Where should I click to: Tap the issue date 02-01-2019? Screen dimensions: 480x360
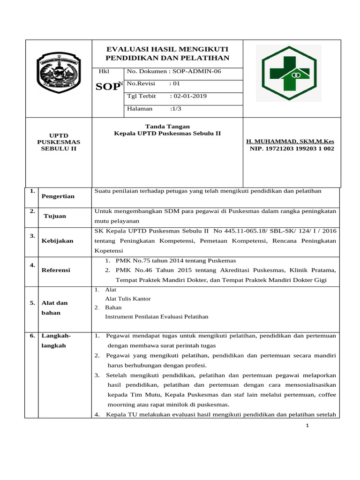coord(189,96)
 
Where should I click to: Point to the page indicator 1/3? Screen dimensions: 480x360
coord(176,108)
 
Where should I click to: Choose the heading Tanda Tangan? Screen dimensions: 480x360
coord(167,126)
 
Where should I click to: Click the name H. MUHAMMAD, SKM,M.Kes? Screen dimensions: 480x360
coord(290,141)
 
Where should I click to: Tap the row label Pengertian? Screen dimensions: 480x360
coord(58,196)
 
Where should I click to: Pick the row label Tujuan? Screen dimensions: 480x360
coord(55,216)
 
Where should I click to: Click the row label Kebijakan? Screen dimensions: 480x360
coord(58,240)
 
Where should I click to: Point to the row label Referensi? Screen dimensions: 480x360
coord(56,270)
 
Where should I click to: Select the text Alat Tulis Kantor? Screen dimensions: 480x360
coord(128,299)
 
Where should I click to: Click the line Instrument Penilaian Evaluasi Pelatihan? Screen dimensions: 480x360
coord(157,317)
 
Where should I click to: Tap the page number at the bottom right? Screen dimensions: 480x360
coord(307,426)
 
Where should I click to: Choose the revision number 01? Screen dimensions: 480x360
coord(176,84)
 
